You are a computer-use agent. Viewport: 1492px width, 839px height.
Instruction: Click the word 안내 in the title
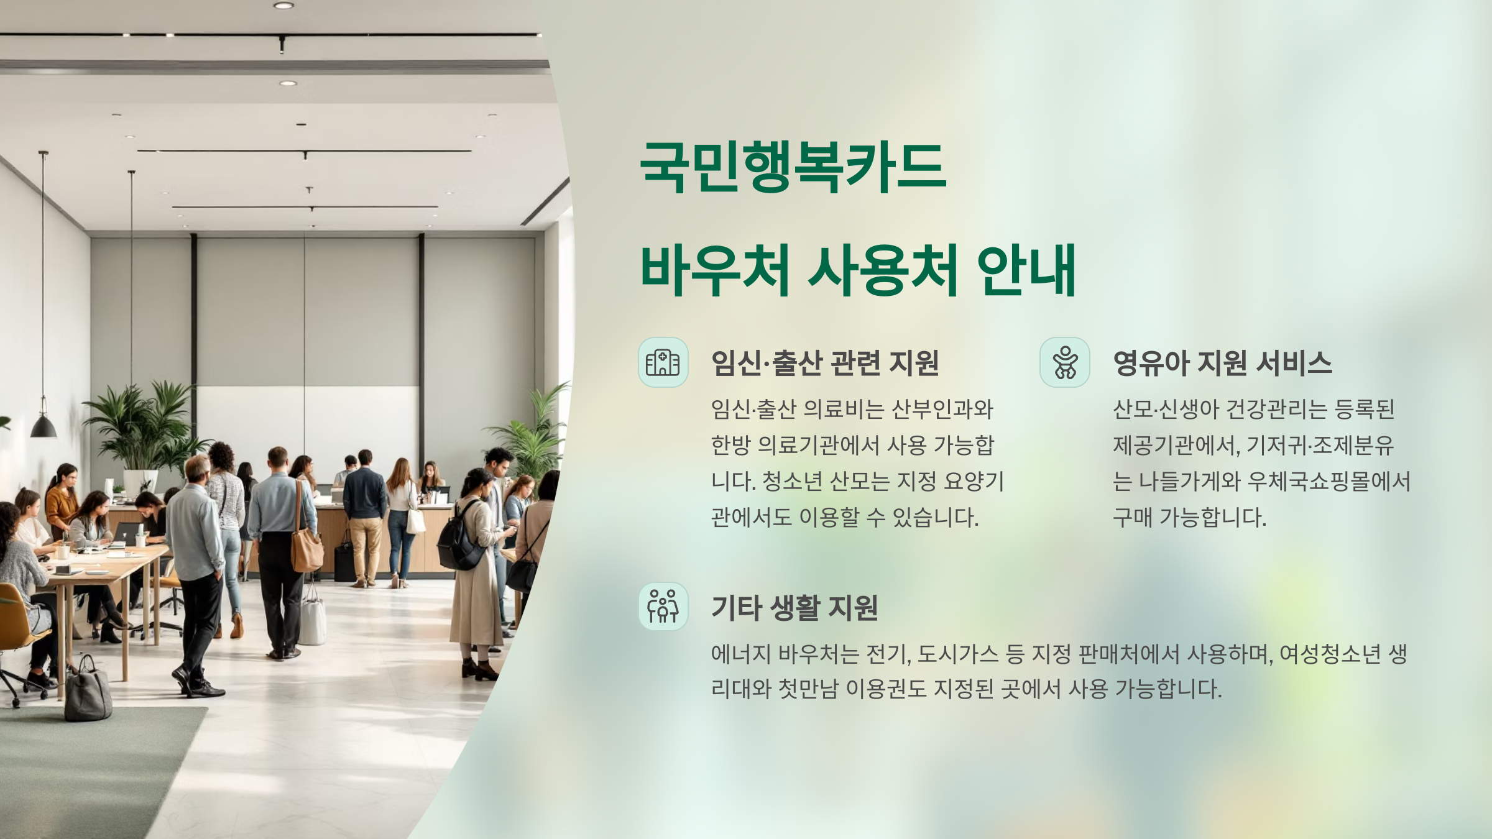[1026, 271]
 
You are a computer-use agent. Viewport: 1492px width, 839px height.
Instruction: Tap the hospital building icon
[663, 362]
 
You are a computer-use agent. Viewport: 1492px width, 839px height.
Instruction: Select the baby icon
[1064, 362]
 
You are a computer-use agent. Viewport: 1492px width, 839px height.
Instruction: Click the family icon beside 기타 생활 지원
[663, 607]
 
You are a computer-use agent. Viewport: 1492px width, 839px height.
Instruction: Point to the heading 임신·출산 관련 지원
[824, 363]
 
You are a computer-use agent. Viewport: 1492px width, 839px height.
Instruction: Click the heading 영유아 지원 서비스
[1222, 363]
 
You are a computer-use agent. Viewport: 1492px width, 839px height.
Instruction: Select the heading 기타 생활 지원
[794, 608]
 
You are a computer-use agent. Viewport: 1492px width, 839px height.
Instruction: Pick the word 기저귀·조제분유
[1320, 445]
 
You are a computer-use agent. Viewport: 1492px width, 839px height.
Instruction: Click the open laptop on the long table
[127, 533]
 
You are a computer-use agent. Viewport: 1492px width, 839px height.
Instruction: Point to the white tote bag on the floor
[312, 619]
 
